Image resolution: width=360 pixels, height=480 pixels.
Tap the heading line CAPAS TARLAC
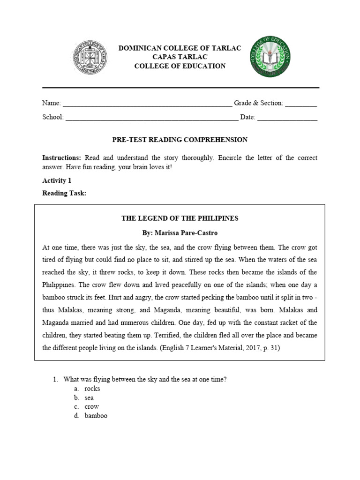pos(180,57)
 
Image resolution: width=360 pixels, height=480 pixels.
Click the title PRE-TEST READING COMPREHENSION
pos(180,140)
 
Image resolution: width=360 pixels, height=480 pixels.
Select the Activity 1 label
pos(57,180)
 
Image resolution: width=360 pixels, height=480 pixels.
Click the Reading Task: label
pos(64,193)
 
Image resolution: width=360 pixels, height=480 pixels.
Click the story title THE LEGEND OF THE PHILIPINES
pos(180,218)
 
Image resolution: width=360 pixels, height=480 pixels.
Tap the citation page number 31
pos(273,348)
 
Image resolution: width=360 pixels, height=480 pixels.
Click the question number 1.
pos(55,380)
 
